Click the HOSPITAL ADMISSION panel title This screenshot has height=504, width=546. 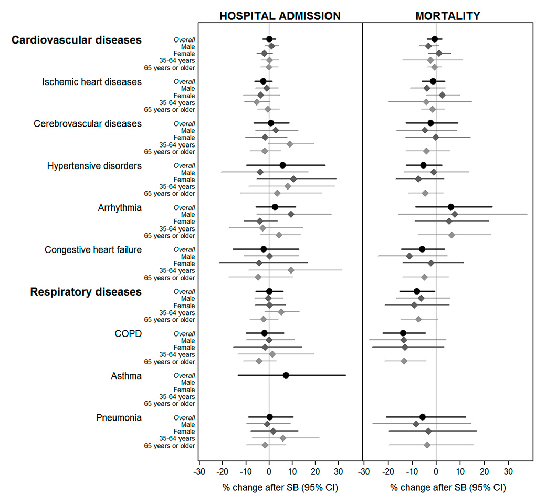click(280, 16)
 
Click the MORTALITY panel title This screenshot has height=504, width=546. click(448, 16)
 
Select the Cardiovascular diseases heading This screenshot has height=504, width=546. click(77, 40)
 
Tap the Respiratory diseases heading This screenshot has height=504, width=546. click(86, 292)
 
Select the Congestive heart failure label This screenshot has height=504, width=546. click(93, 250)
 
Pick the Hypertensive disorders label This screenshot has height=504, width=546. click(94, 166)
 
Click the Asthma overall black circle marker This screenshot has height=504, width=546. click(286, 375)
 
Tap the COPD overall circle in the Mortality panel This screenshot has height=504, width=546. click(403, 333)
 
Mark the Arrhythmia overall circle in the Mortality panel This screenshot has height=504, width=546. click(451, 207)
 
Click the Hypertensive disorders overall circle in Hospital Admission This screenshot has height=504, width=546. click(282, 165)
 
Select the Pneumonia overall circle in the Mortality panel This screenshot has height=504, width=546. click(423, 417)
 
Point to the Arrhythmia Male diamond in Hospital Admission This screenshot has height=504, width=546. click(291, 214)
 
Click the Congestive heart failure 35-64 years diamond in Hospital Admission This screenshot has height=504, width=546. click(291, 270)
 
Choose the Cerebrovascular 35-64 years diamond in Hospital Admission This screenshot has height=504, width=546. click(290, 144)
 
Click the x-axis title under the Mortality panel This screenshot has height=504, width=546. click(448, 487)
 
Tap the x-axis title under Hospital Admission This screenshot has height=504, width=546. click(280, 487)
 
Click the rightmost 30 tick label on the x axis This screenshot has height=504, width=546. click(508, 471)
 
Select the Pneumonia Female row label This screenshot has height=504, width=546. click(184, 432)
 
